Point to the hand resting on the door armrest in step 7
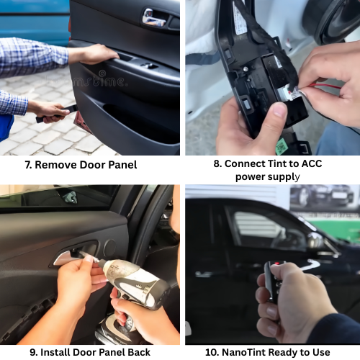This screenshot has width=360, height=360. pos(94,54)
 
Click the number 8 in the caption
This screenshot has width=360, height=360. pos(217,163)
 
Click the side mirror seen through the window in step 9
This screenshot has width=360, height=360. pos(69,197)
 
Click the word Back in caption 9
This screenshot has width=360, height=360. pos(135,352)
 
